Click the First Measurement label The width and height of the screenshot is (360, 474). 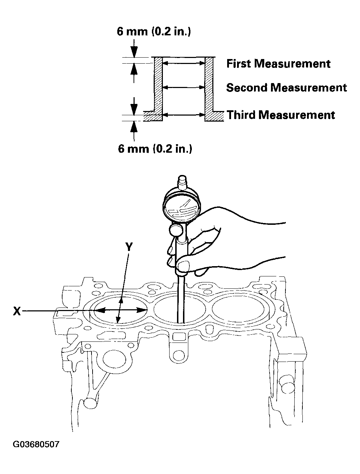pyautogui.click(x=278, y=64)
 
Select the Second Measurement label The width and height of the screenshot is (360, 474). pyautogui.click(x=287, y=88)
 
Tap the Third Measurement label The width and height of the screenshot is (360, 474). pyautogui.click(x=281, y=115)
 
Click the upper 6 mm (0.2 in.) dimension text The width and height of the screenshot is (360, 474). pyautogui.click(x=154, y=32)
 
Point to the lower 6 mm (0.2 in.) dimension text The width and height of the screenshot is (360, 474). pyautogui.click(x=155, y=148)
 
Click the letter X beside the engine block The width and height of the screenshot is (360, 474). pyautogui.click(x=17, y=311)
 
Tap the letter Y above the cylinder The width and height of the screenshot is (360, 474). pyautogui.click(x=129, y=247)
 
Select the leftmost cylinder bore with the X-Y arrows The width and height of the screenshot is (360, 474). pyautogui.click(x=120, y=310)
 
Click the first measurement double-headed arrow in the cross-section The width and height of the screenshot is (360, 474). pyautogui.click(x=183, y=64)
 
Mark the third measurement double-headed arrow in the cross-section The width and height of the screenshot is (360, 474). pyautogui.click(x=183, y=115)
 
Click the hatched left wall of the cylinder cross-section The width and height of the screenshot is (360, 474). pyautogui.click(x=158, y=85)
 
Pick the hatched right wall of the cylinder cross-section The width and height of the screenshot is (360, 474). pyautogui.click(x=209, y=85)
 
